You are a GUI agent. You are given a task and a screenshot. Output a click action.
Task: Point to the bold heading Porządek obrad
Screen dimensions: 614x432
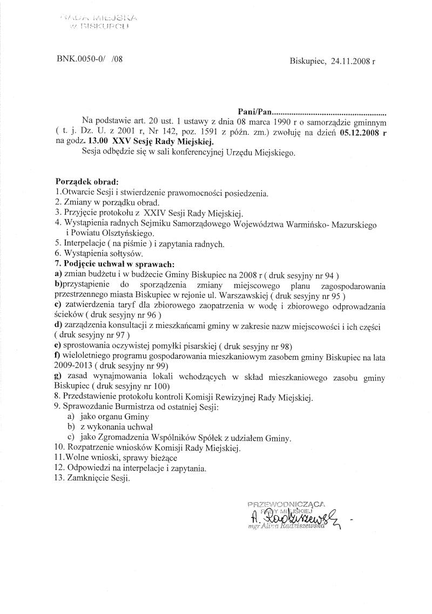(x=86, y=183)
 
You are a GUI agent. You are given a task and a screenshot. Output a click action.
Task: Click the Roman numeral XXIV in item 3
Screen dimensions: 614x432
(x=159, y=212)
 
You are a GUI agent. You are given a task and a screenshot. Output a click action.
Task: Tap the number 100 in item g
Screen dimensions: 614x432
(x=161, y=387)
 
